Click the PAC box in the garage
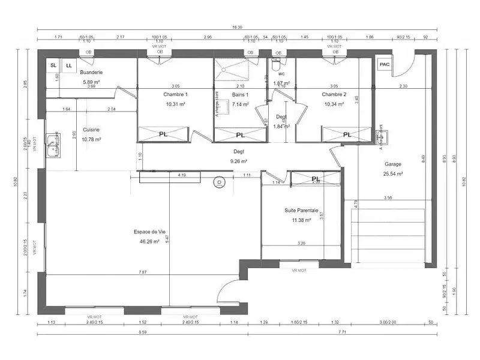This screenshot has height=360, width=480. [383, 64]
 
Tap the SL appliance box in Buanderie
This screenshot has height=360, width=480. [53, 65]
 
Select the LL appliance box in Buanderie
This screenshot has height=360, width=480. [68, 65]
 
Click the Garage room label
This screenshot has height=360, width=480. [393, 164]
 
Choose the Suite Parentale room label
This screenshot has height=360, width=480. [301, 211]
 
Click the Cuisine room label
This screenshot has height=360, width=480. [91, 130]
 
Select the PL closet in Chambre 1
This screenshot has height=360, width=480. [163, 135]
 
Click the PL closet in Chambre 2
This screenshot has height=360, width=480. [346, 135]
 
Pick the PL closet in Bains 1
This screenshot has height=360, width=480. [240, 135]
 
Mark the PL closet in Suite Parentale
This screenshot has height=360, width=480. [315, 178]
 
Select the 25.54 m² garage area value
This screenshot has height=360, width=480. [393, 174]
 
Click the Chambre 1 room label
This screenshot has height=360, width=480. [175, 95]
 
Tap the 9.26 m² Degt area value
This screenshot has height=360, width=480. [239, 161]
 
